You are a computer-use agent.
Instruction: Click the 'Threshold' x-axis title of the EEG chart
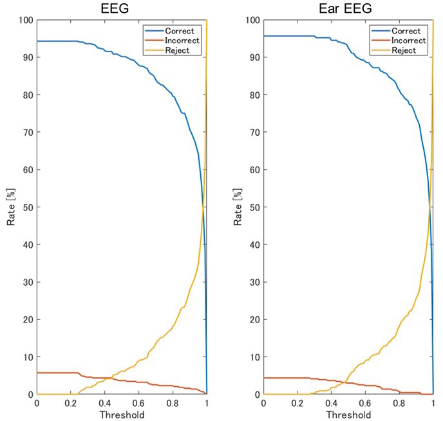122,415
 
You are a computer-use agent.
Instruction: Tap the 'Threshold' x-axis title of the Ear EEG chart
348,415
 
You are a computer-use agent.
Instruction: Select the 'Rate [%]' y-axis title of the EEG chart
12,207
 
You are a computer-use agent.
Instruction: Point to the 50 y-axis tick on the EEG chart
27,207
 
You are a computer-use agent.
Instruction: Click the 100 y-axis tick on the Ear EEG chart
251,20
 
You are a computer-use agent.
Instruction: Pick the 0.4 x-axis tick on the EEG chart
105,404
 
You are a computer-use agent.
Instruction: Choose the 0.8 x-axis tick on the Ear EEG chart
399,404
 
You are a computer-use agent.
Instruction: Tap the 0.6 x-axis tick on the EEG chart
139,404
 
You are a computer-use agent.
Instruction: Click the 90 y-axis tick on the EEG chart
27,57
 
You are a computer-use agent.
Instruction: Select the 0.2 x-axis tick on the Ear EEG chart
297,404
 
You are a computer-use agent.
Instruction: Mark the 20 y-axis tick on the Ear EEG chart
254,319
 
